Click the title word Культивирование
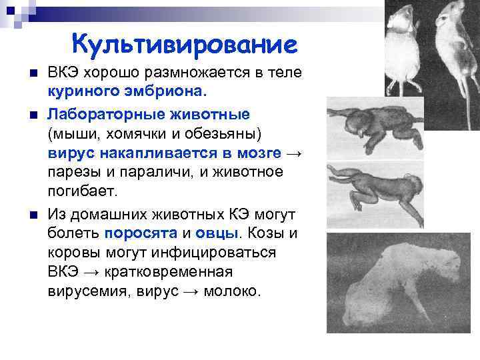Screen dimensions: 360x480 (184, 45)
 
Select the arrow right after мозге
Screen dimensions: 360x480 (294, 153)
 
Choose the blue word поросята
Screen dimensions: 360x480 (140, 234)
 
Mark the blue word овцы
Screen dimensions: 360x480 (217, 234)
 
